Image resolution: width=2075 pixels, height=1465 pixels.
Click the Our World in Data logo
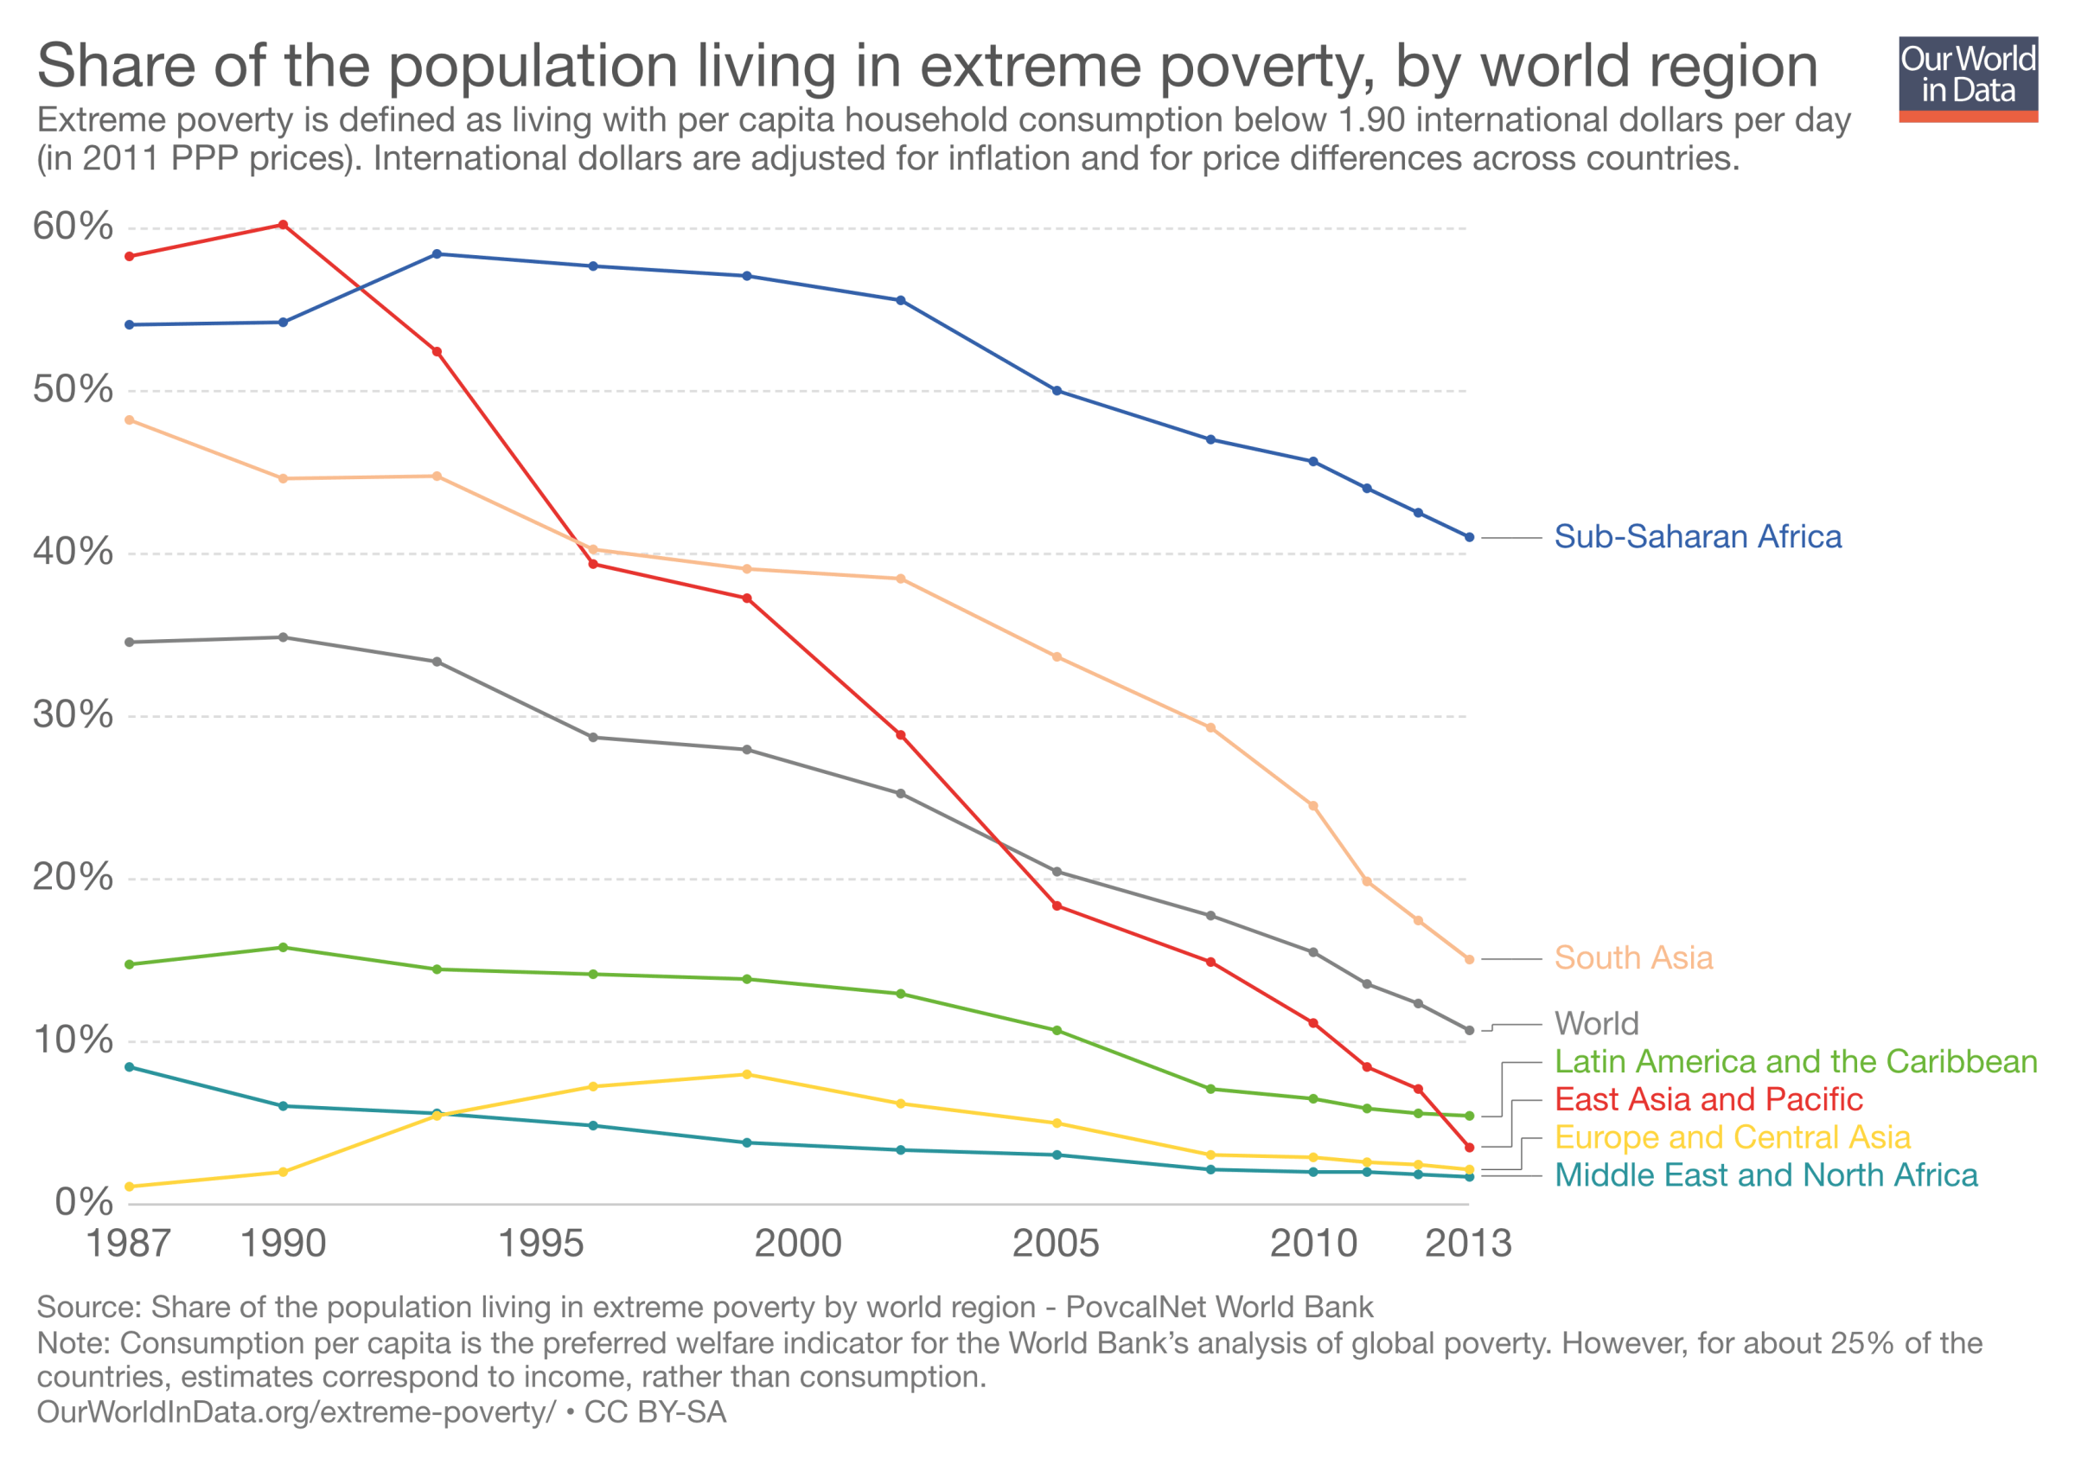(1968, 79)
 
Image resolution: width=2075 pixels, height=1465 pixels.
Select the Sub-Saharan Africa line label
(1696, 537)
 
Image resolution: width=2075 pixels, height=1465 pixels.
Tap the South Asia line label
(1632, 958)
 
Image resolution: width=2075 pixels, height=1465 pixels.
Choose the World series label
(1596, 1023)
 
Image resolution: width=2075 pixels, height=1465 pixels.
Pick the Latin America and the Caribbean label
(1795, 1061)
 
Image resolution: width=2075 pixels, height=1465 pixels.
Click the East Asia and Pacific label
(1708, 1099)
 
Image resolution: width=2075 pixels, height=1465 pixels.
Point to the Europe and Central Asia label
(1732, 1137)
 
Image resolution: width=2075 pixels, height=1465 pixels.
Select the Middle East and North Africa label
(1765, 1175)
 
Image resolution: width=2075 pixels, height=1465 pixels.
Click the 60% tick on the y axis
(73, 226)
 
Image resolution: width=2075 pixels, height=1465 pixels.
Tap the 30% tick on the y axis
(73, 715)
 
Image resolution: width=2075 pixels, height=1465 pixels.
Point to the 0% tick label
(84, 1202)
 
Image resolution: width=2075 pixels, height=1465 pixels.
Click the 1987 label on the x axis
(128, 1244)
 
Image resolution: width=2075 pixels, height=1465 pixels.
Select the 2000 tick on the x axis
(798, 1244)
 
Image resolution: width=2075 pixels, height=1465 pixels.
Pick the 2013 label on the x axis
(1468, 1244)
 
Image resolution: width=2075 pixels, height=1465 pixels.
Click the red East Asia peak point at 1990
(283, 225)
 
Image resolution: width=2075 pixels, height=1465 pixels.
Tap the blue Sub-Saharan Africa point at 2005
(1057, 390)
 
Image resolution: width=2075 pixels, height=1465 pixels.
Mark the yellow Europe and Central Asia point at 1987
(129, 1187)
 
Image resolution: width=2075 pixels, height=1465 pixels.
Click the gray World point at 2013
(1469, 1030)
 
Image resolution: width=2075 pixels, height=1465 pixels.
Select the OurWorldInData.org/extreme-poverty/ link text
(296, 1412)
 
